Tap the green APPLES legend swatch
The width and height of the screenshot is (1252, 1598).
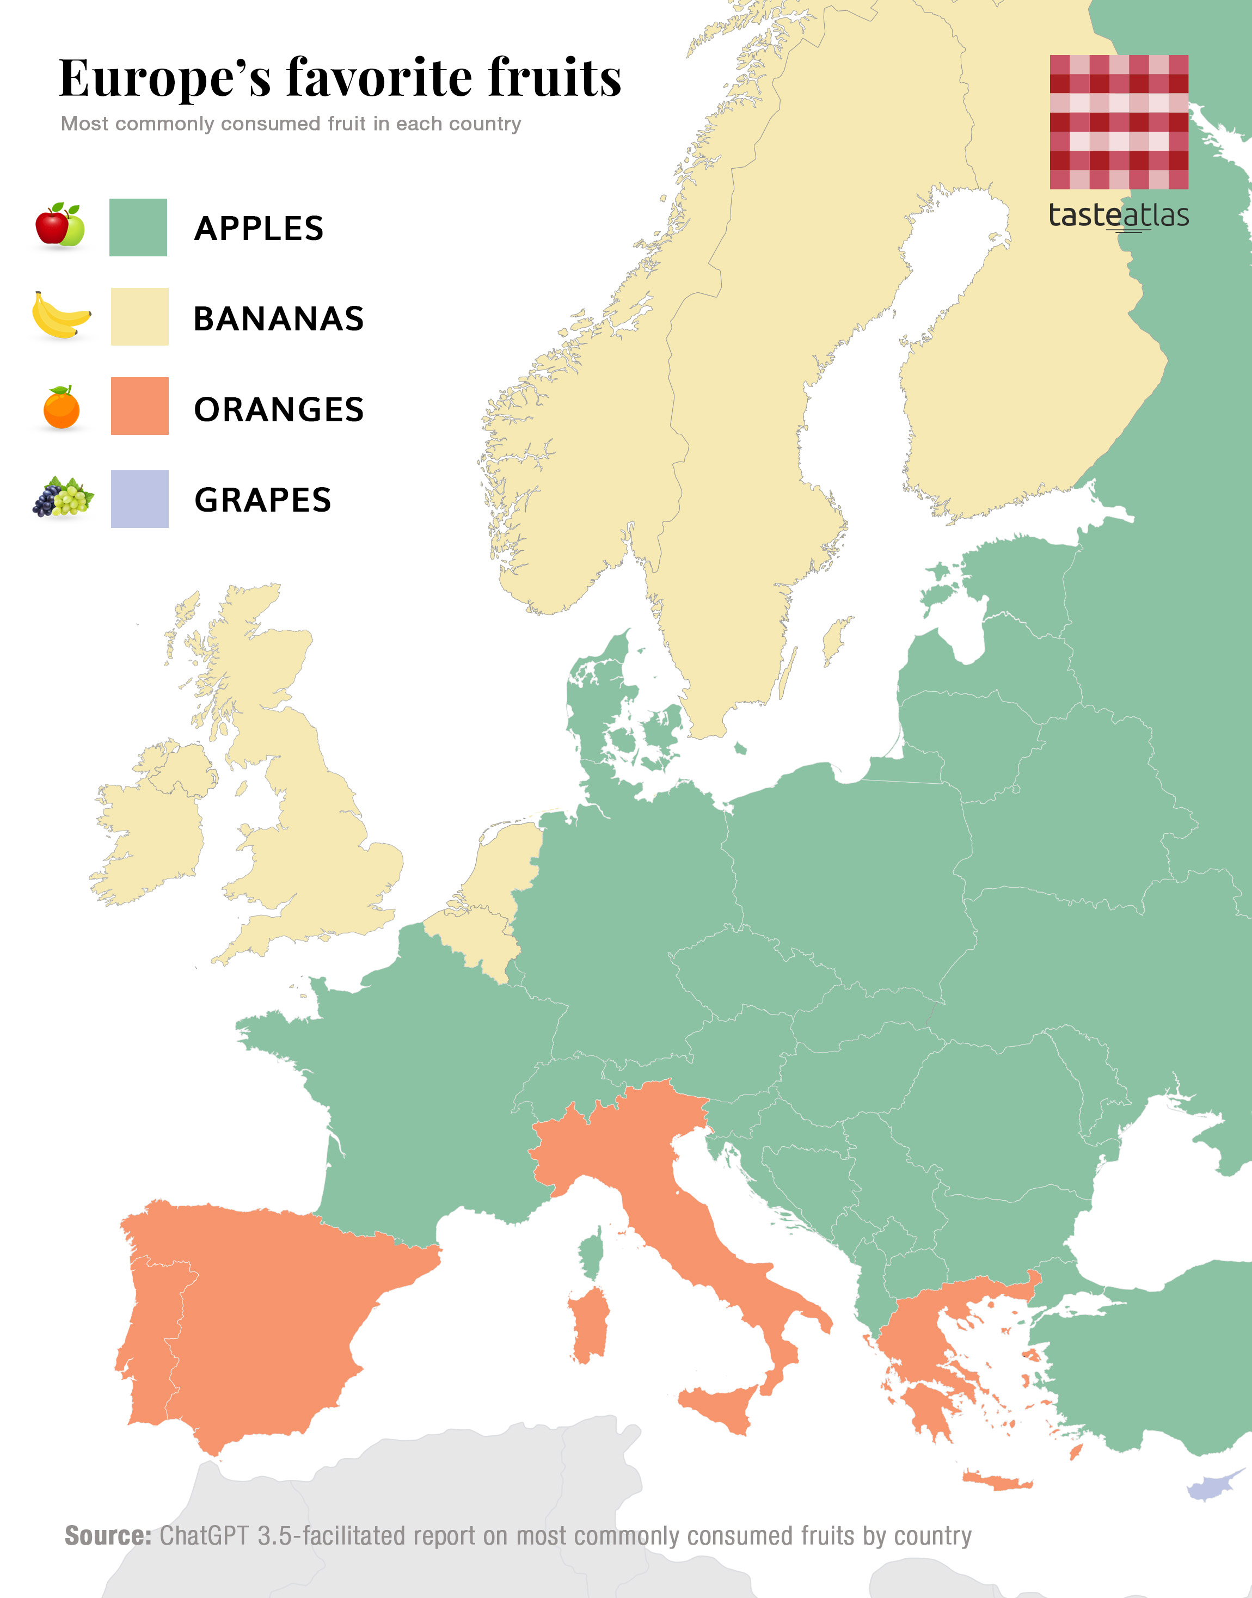point(138,228)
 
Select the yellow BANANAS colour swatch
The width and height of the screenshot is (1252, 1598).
point(139,317)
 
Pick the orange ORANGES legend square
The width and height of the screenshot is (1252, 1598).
point(139,406)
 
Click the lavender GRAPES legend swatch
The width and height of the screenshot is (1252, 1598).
point(139,499)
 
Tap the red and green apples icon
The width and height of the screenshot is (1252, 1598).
point(60,225)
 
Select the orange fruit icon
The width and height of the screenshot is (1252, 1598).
point(62,408)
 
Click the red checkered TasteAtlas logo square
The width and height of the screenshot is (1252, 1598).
point(1119,122)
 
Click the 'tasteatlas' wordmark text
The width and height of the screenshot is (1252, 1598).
point(1119,216)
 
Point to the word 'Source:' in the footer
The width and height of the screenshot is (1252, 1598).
point(108,1535)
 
